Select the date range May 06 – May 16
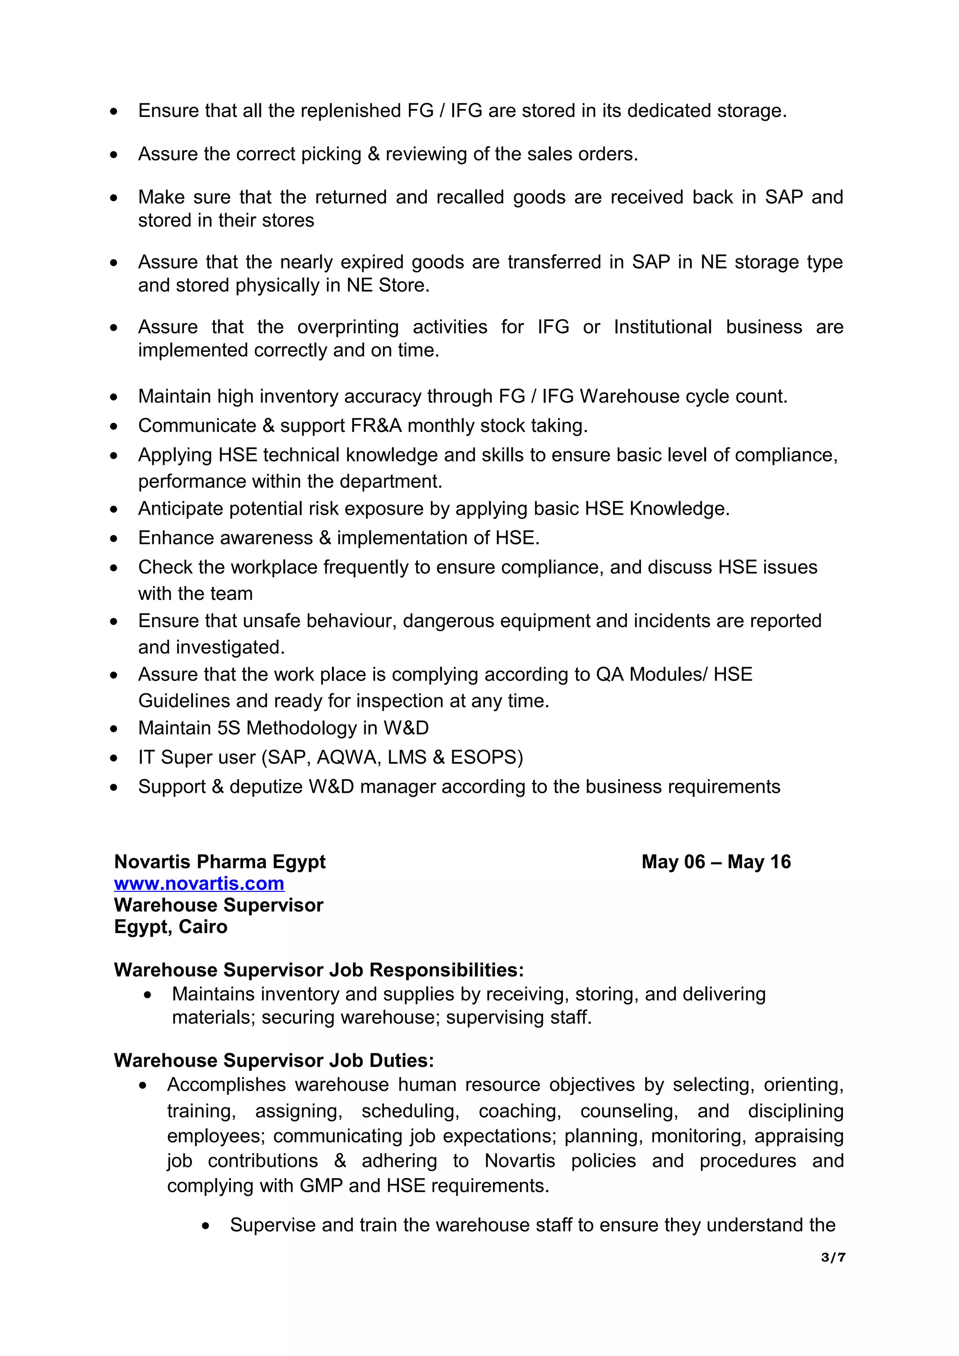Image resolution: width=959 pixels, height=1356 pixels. click(x=716, y=862)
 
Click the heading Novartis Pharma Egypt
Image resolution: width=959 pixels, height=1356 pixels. click(x=219, y=862)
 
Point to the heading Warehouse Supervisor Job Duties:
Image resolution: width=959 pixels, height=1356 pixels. click(x=273, y=1060)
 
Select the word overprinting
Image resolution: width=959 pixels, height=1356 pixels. click(x=347, y=327)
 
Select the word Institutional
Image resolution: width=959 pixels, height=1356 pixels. click(x=663, y=327)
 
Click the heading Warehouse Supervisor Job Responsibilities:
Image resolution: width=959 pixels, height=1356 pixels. click(x=319, y=970)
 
